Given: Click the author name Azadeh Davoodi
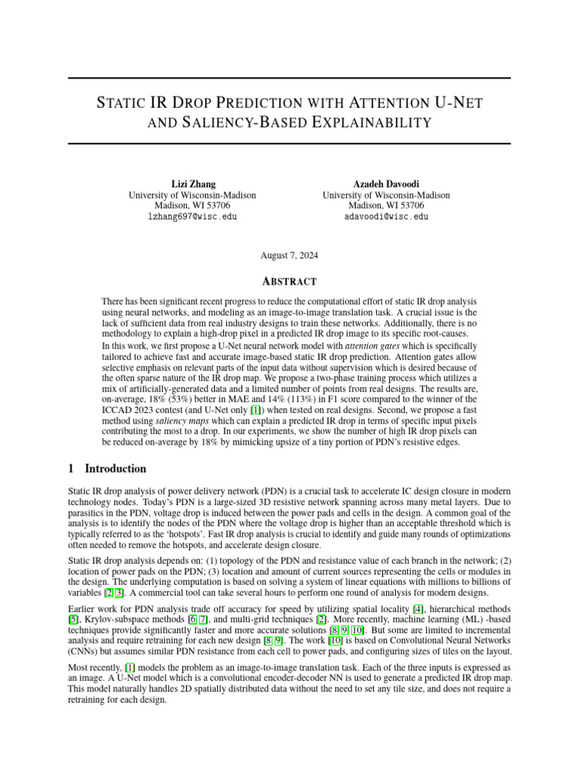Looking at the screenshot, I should point(386,184).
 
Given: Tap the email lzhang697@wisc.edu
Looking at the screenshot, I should point(192,216).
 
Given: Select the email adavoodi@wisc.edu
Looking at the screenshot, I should point(386,216).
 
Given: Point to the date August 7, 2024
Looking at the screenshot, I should point(289,255).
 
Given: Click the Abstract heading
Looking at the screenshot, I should point(289,282).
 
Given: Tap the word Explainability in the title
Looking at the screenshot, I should point(378,122).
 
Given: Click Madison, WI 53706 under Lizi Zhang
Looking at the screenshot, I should point(192,205).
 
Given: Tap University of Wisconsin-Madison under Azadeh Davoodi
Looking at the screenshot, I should point(386,195).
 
